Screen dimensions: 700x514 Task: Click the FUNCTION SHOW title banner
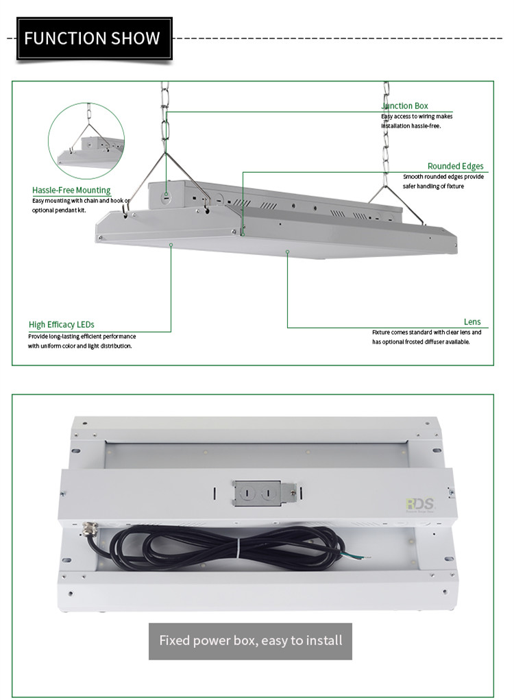(x=93, y=38)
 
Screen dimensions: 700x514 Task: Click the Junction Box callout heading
(x=405, y=106)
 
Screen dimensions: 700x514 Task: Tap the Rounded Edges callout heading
(x=455, y=166)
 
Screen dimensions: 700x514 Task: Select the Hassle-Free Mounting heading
(x=71, y=190)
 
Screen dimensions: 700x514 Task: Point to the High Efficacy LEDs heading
(x=62, y=324)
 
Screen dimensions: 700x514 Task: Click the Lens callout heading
(x=472, y=322)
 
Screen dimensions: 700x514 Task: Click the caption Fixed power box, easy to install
(x=250, y=641)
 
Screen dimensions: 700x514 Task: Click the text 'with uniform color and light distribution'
(x=80, y=346)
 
